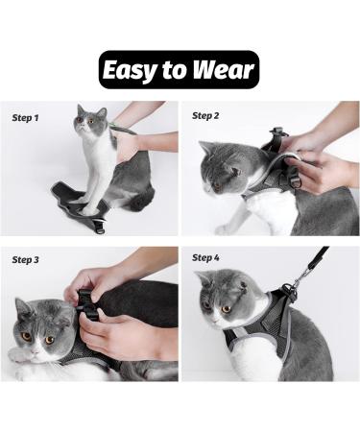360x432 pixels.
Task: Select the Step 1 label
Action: click(26, 118)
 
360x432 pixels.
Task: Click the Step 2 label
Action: click(205, 115)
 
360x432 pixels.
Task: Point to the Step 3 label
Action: click(26, 259)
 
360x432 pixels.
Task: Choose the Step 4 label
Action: click(205, 257)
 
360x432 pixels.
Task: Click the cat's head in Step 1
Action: click(92, 123)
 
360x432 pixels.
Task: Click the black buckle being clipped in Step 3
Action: click(85, 306)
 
